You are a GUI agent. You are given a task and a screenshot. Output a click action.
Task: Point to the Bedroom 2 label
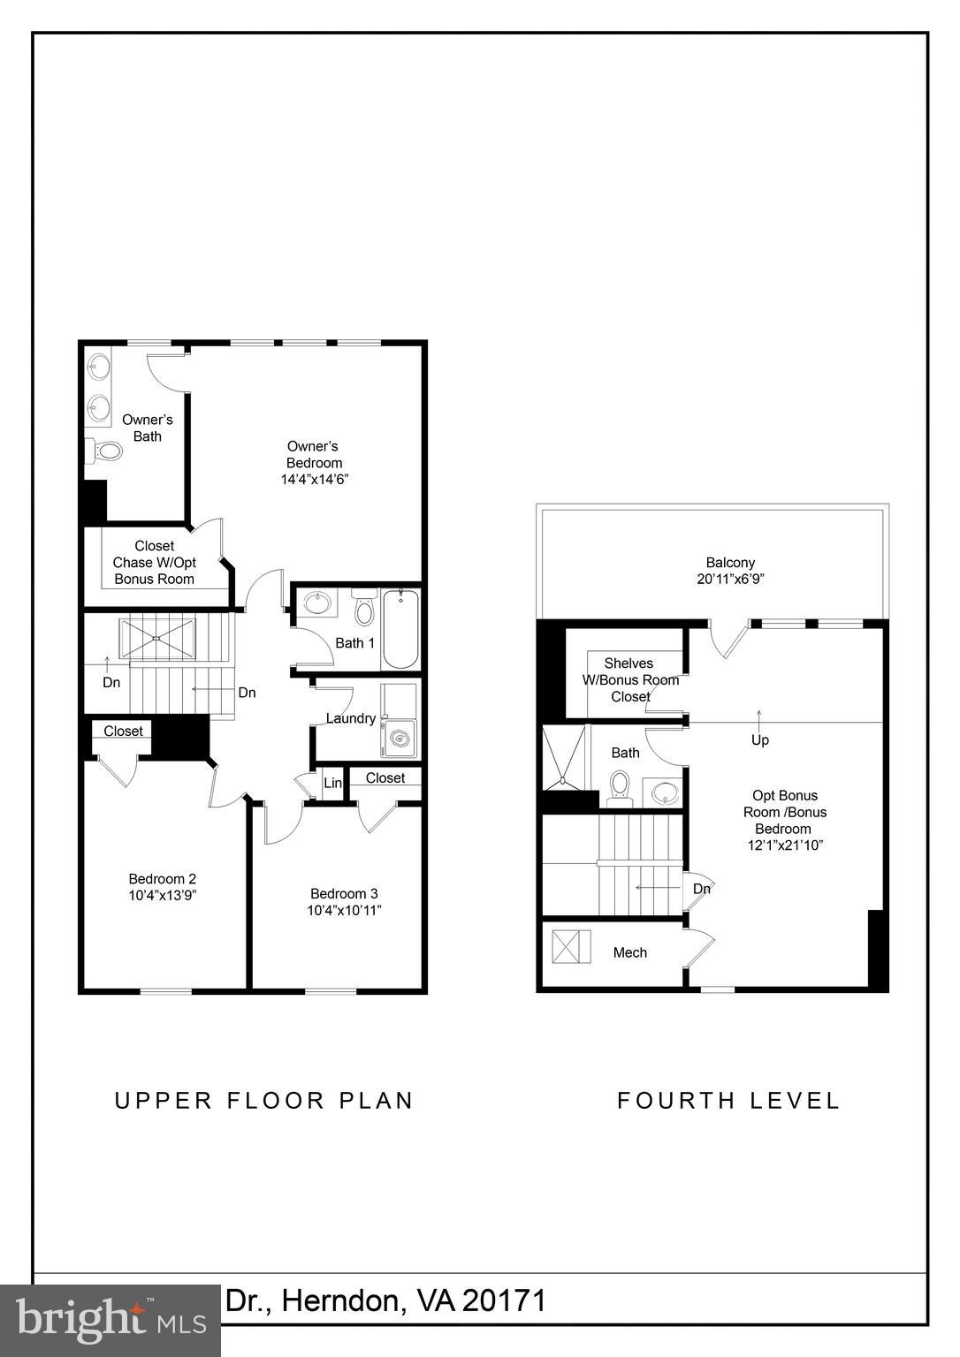(x=162, y=878)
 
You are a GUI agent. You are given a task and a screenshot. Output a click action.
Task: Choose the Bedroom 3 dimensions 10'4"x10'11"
(x=344, y=911)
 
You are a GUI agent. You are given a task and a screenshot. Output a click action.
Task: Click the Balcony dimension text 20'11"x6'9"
(x=730, y=580)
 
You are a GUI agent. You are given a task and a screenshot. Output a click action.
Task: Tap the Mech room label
(x=629, y=952)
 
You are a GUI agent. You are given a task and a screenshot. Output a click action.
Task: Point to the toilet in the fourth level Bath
(x=620, y=786)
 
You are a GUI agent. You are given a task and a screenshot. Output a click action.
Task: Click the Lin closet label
(x=332, y=784)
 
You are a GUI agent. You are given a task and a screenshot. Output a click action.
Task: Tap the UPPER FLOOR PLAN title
(x=264, y=1101)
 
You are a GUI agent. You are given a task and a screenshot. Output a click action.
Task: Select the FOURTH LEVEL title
(x=728, y=1101)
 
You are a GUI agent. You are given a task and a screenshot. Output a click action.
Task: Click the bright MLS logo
(x=110, y=1320)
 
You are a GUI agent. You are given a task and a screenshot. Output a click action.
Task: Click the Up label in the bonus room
(x=759, y=740)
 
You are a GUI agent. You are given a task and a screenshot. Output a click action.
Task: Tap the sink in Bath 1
(x=315, y=604)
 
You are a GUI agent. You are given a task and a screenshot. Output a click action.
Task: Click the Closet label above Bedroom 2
(x=123, y=731)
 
